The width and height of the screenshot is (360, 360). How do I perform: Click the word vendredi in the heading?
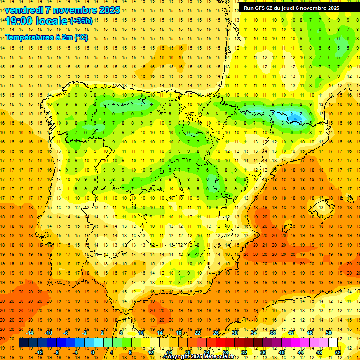(x=25, y=10)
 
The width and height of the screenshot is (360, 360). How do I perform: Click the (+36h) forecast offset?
(x=81, y=21)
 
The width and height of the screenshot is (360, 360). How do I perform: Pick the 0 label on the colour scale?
(x=92, y=352)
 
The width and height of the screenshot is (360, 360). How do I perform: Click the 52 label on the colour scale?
(x=338, y=352)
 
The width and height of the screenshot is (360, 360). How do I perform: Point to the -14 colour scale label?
(x=30, y=333)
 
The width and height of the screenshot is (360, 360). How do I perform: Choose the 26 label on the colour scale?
(x=216, y=333)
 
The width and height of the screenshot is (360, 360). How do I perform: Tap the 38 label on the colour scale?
(x=272, y=333)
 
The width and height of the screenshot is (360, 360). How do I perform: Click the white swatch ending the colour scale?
(x=333, y=343)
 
